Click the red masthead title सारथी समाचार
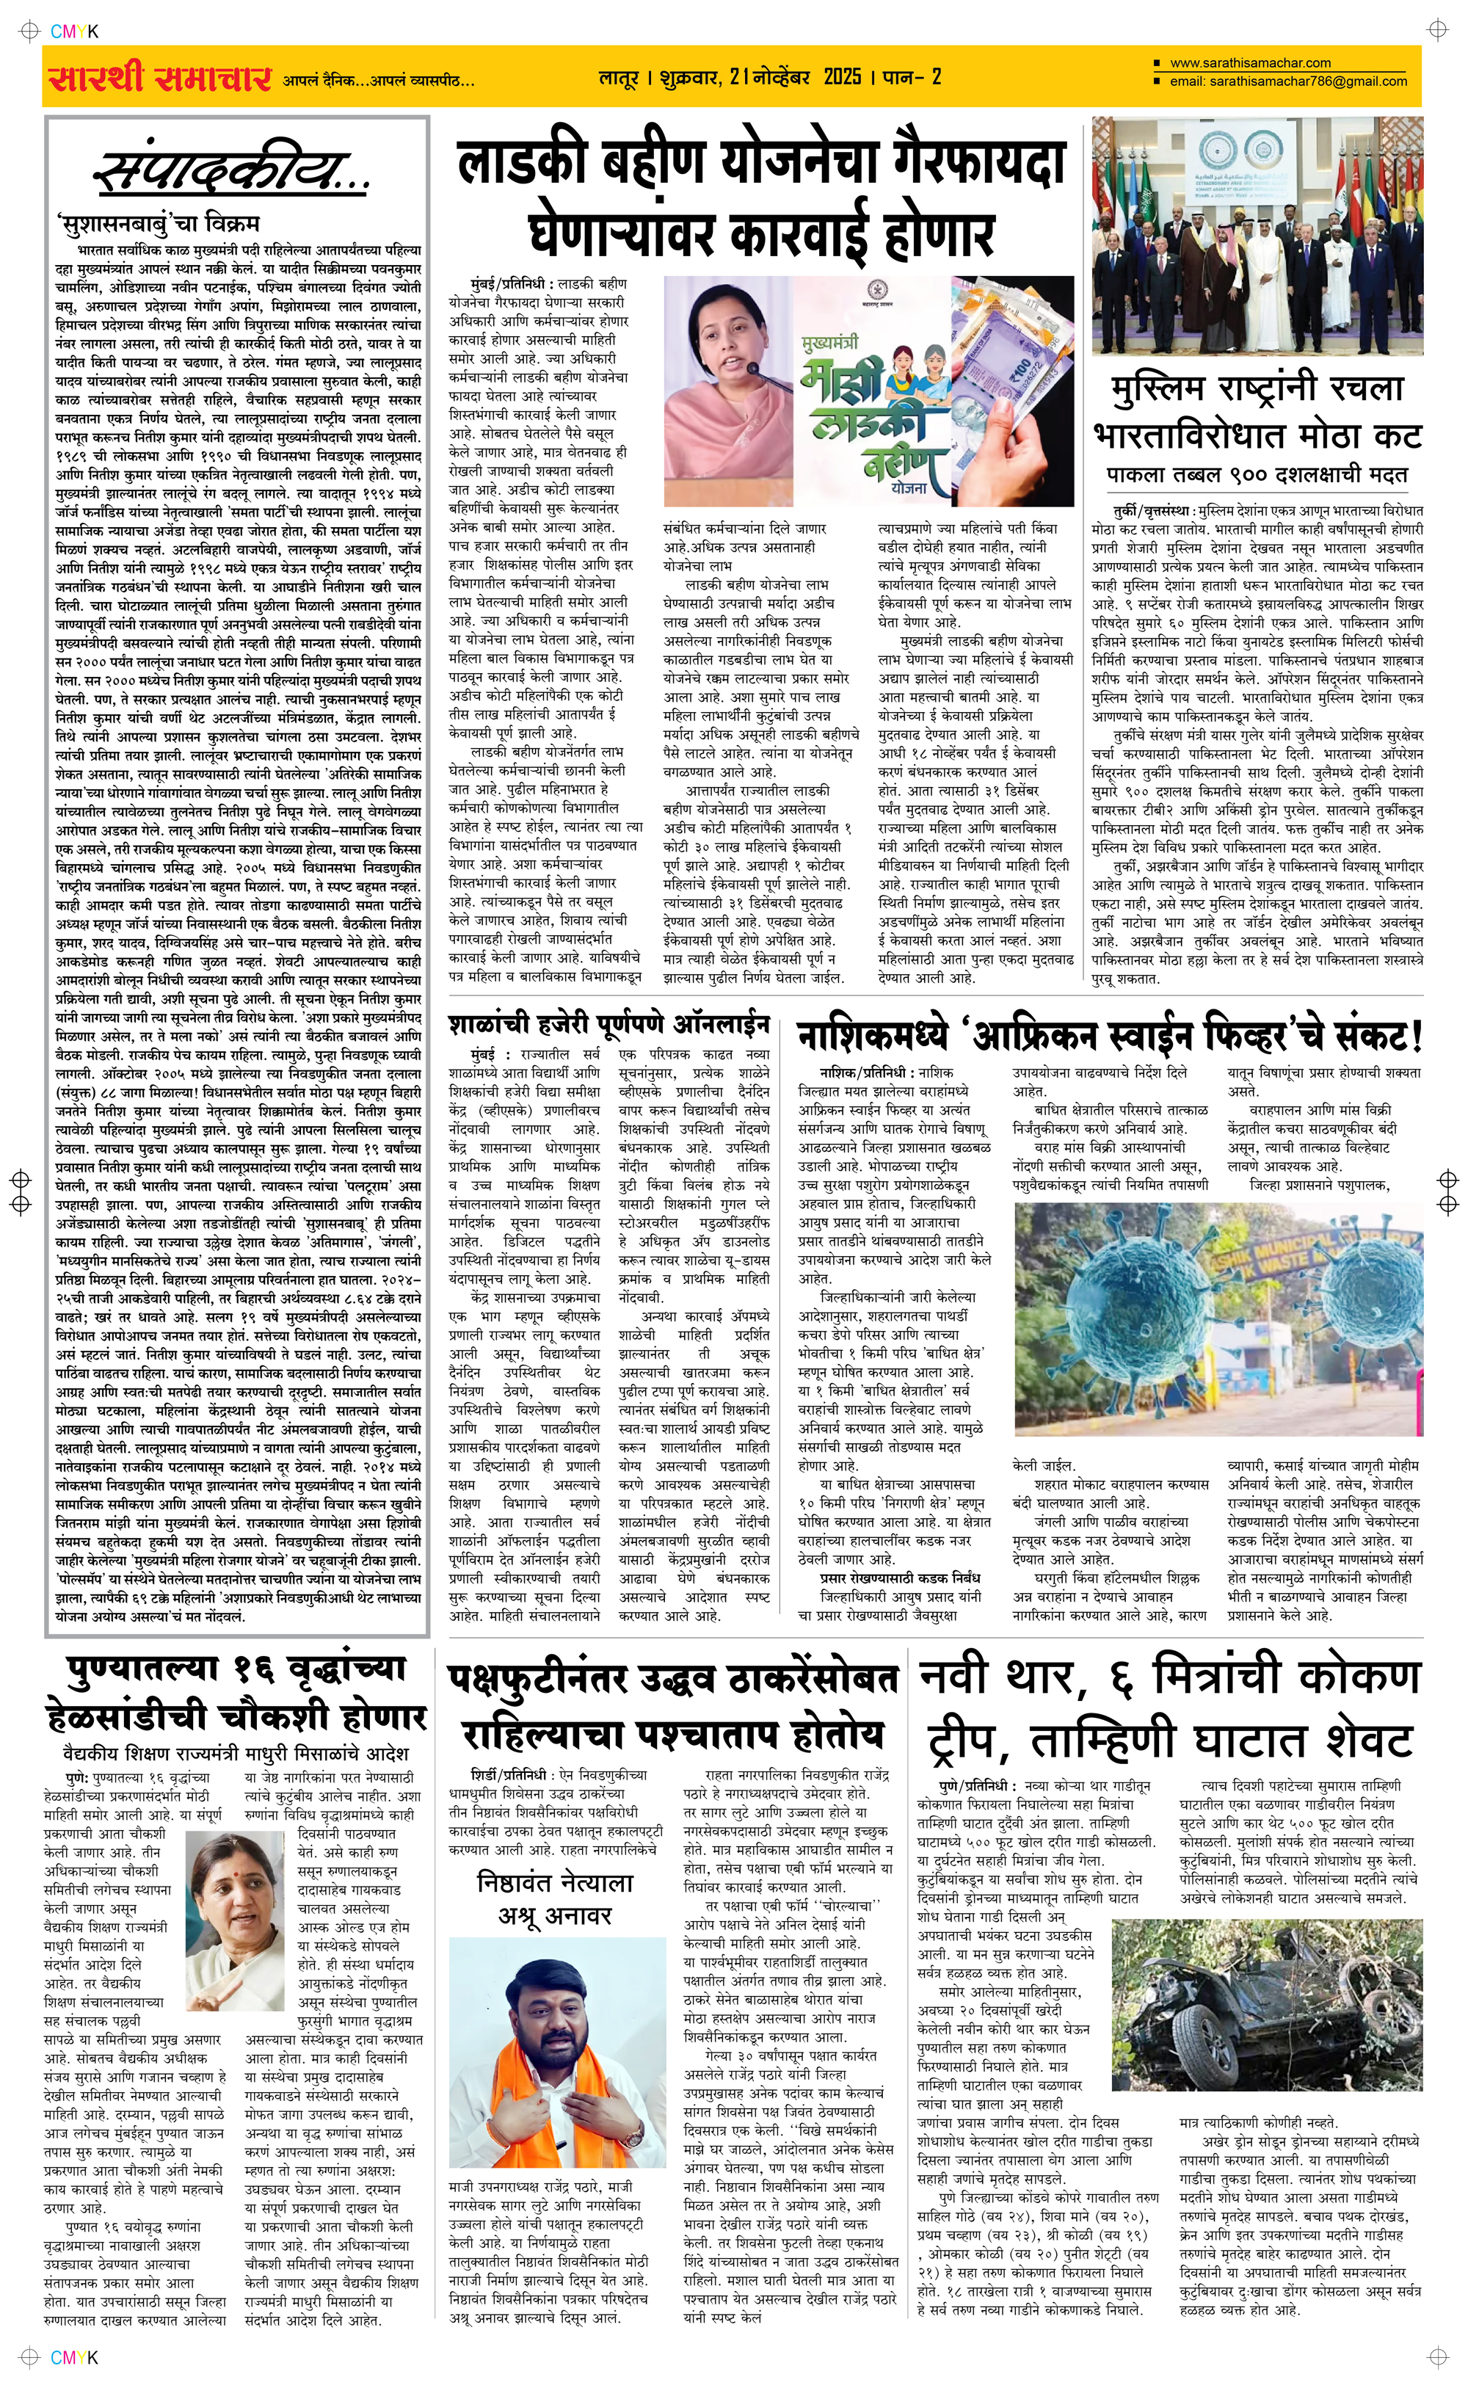click(160, 78)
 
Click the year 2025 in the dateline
click(842, 76)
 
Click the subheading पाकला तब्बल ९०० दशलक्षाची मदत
click(1257, 475)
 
